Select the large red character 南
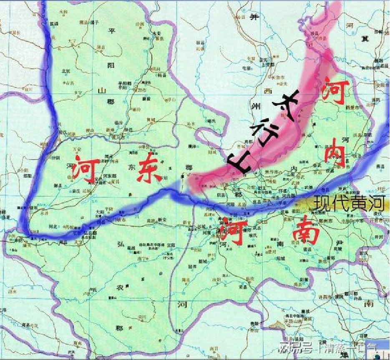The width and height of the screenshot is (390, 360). [306, 232]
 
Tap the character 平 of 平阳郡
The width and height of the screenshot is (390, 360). [111, 31]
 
